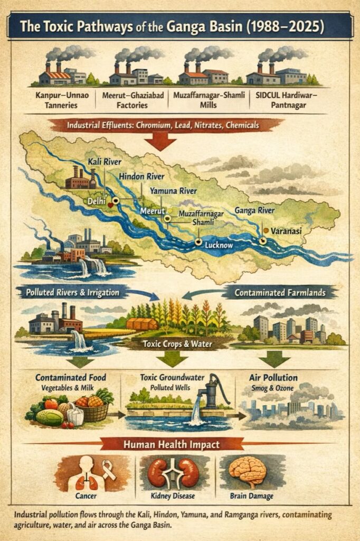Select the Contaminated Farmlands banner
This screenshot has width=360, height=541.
(x=280, y=292)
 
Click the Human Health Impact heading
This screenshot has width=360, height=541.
(x=180, y=444)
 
